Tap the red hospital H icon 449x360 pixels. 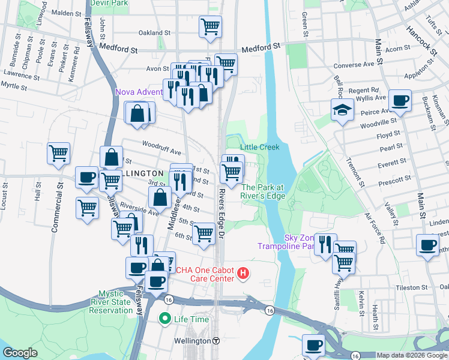pyautogui.click(x=243, y=274)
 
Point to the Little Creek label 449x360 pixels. pyautogui.click(x=260, y=147)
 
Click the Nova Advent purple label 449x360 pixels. pyautogui.click(x=139, y=92)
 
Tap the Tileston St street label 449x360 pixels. pyautogui.click(x=411, y=287)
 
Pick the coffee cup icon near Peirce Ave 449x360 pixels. pyautogui.click(x=400, y=100)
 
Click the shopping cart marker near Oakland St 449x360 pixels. pyautogui.click(x=210, y=26)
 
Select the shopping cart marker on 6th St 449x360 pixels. pyautogui.click(x=204, y=233)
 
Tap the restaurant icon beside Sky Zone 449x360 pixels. pyautogui.click(x=325, y=244)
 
